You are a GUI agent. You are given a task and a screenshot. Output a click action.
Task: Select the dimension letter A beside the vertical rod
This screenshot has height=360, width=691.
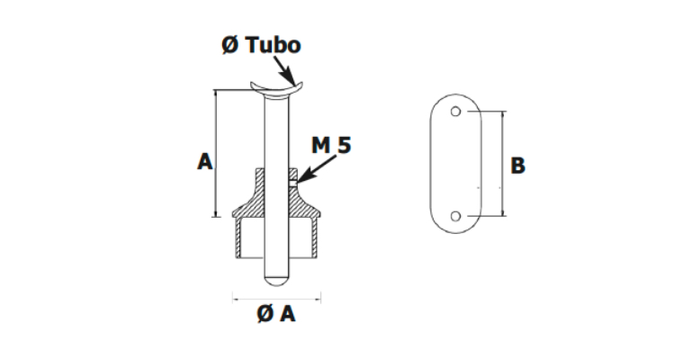pos(204,162)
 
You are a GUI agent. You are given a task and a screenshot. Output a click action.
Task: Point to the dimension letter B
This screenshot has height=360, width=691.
pos(517,166)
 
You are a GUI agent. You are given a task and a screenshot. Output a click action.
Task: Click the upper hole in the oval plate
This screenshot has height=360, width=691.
pos(457,112)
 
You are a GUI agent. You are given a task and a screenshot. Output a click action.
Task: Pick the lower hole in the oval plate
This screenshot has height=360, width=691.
pos(457,216)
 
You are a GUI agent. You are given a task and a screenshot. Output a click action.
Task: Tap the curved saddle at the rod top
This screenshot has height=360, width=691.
pos(274,86)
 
